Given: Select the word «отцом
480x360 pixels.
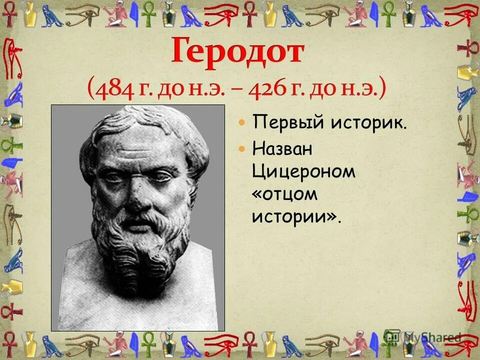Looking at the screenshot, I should pyautogui.click(x=284, y=194).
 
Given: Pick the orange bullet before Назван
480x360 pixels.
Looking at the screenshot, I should pyautogui.click(x=242, y=148).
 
